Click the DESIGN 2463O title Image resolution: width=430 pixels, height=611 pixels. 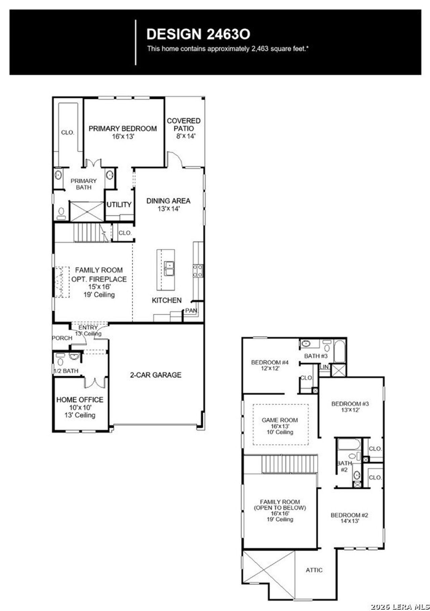click(x=198, y=34)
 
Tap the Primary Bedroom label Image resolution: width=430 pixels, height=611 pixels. click(x=123, y=129)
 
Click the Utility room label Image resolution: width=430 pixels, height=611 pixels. click(x=119, y=204)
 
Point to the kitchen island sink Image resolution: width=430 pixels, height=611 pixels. click(x=169, y=269)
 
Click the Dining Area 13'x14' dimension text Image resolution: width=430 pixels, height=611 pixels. click(x=169, y=208)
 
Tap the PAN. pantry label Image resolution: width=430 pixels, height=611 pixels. click(x=191, y=311)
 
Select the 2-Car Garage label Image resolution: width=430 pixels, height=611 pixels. click(x=156, y=375)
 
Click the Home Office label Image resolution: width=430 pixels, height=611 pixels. click(x=80, y=400)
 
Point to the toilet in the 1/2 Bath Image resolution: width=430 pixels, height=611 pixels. click(x=60, y=361)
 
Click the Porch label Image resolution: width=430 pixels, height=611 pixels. click(x=62, y=338)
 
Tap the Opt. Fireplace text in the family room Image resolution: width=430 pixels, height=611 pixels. click(x=99, y=279)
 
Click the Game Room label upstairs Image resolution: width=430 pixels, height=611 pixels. click(x=279, y=420)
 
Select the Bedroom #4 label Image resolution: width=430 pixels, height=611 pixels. click(x=270, y=362)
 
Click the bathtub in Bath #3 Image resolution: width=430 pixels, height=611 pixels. click(x=339, y=352)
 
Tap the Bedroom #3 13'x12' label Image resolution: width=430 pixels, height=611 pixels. click(x=350, y=407)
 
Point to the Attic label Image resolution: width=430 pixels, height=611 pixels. click(x=314, y=570)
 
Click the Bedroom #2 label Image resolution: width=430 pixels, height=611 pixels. click(x=349, y=515)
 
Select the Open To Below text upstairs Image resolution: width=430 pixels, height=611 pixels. click(x=279, y=508)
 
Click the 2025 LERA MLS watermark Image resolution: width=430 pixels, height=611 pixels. click(x=400, y=607)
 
